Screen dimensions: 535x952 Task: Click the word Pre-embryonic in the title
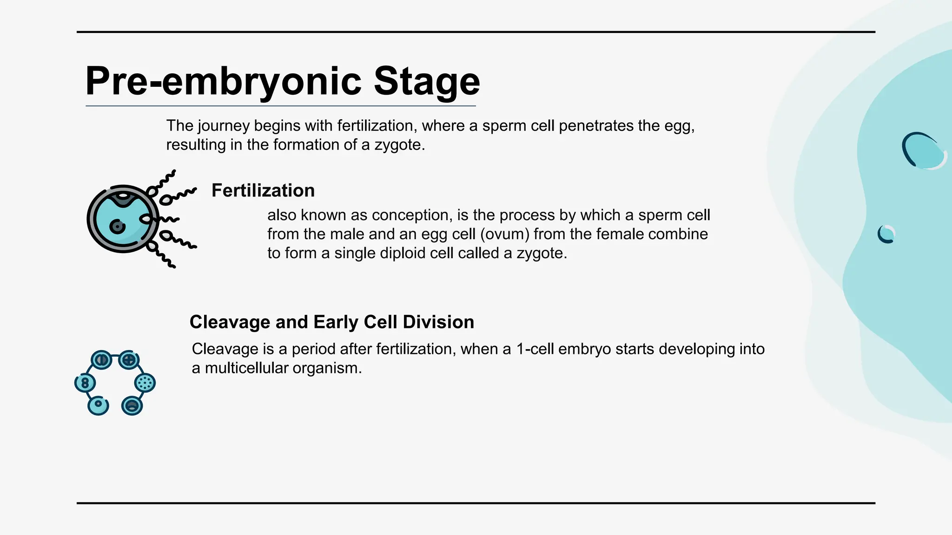(223, 82)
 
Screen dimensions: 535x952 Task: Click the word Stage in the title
(426, 82)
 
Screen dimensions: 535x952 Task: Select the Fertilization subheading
(263, 190)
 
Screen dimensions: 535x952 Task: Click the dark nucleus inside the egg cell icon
(117, 227)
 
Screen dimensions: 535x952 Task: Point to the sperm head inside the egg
(146, 218)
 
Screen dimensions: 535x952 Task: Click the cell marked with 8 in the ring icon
(85, 383)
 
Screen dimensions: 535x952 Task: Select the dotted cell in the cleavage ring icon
(145, 383)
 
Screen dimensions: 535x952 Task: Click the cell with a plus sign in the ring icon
(129, 360)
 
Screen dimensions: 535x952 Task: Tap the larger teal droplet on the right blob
(925, 151)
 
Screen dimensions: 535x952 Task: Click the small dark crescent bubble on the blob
(886, 234)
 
